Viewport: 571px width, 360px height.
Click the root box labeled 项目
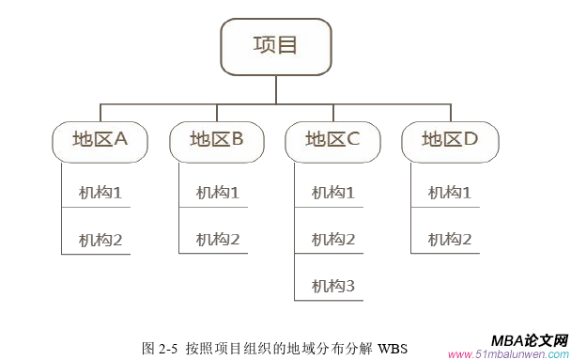pos(275,45)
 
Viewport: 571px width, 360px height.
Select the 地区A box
pos(100,140)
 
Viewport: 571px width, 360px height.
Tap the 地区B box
pos(216,140)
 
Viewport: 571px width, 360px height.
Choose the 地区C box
pos(332,140)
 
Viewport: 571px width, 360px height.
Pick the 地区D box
pos(449,140)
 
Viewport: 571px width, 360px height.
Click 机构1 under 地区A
pos(100,193)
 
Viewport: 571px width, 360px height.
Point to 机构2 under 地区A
pos(100,240)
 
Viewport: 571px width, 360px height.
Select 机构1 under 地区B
pos(218,193)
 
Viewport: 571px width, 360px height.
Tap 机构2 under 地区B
pos(218,240)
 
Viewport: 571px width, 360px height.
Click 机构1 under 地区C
pos(333,193)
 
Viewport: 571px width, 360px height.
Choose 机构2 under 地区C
pos(333,240)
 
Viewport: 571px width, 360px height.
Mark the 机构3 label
pos(333,286)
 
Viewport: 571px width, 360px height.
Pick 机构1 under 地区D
pos(450,193)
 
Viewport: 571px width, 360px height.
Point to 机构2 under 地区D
pos(450,240)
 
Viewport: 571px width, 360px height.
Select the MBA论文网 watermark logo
pos(529,340)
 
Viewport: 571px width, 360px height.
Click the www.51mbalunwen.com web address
pos(508,354)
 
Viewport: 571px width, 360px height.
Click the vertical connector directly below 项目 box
pos(275,88)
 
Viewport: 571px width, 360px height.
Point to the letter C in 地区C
pos(354,140)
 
